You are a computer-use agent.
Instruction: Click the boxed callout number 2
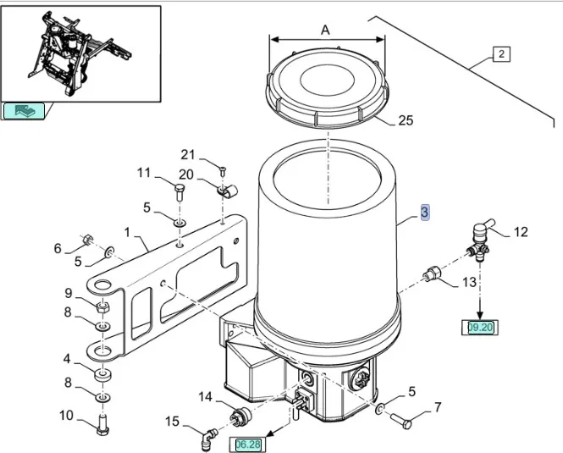point(501,55)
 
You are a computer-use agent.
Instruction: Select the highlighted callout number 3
point(426,213)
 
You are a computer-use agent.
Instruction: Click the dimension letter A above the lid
point(326,30)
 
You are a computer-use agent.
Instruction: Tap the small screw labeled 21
point(221,170)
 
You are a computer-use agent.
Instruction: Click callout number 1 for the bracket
point(127,231)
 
